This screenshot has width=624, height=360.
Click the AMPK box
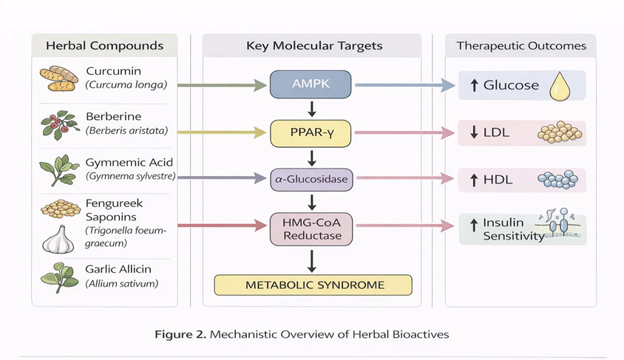(x=311, y=85)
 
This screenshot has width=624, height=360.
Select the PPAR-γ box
(x=311, y=134)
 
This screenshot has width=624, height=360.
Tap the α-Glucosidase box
(x=311, y=178)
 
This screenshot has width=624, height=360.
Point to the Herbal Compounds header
(x=104, y=46)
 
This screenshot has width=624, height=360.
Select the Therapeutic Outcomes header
(x=521, y=46)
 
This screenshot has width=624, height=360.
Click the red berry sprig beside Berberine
(x=58, y=124)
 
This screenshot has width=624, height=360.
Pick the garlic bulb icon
(x=57, y=240)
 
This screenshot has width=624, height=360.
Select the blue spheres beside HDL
(x=560, y=180)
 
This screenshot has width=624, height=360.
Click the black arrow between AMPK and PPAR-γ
(x=311, y=109)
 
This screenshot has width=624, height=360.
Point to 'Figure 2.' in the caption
(x=180, y=334)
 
